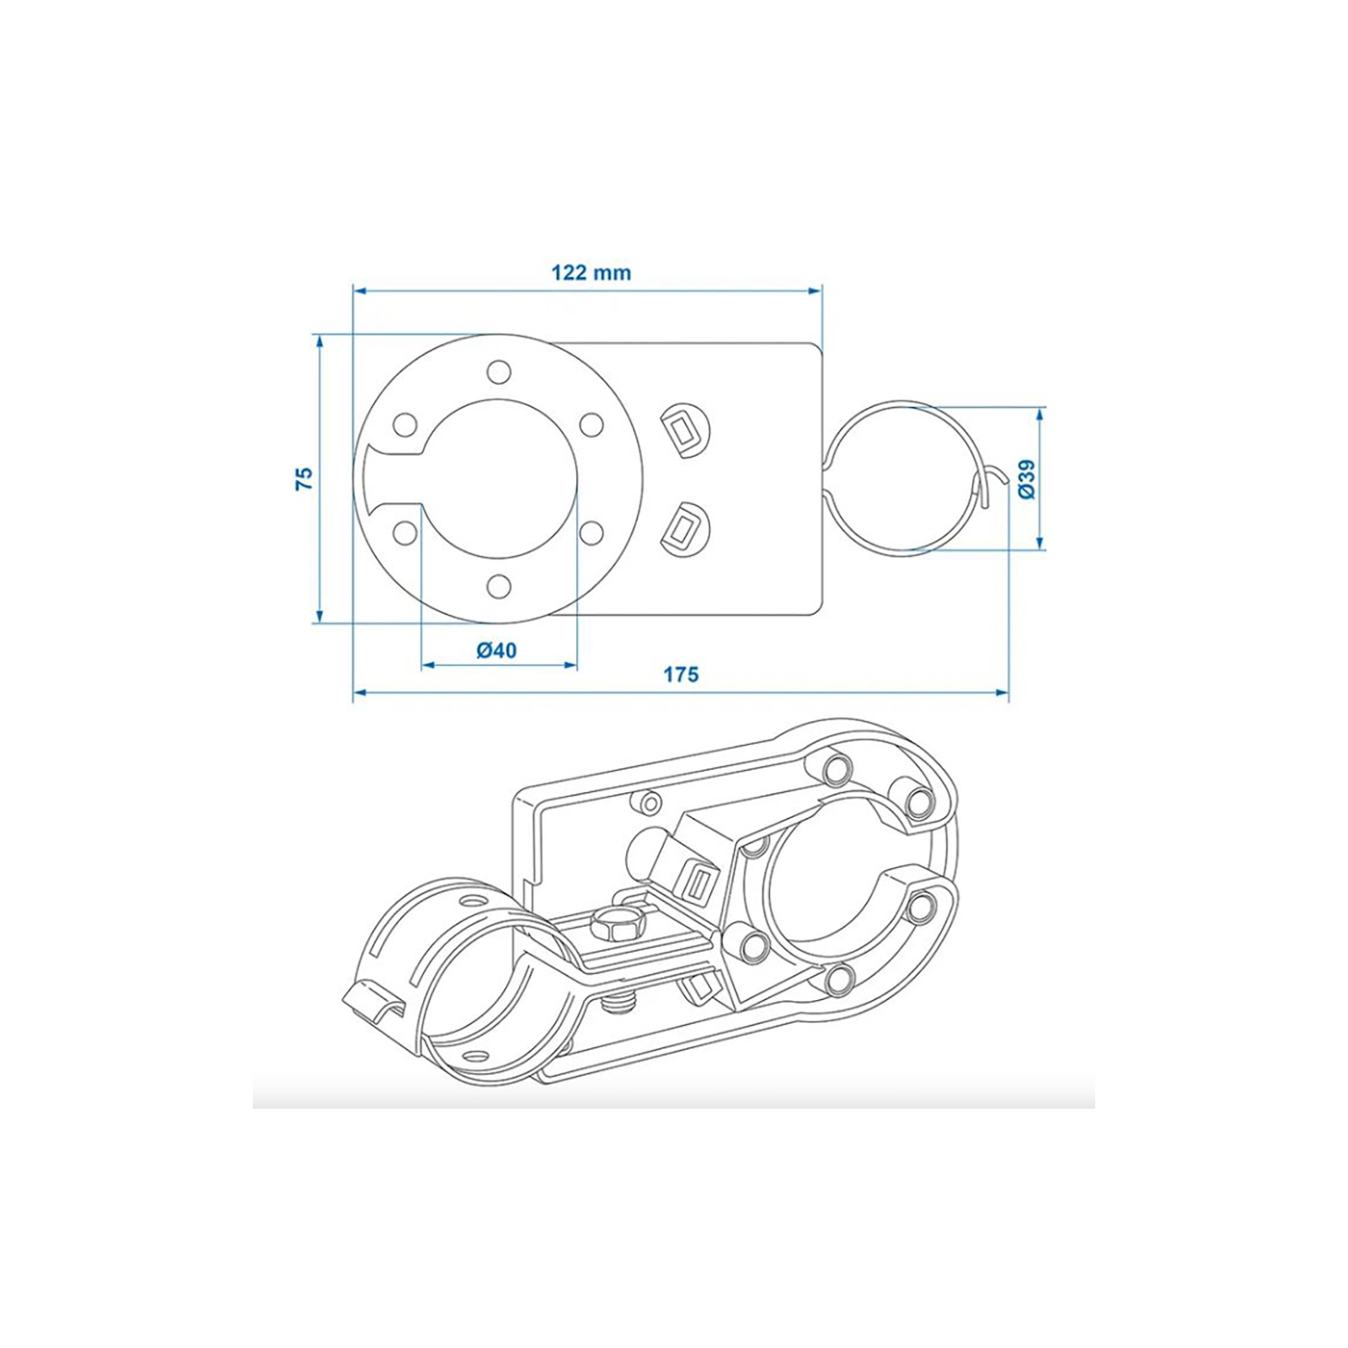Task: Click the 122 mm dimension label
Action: coord(591,273)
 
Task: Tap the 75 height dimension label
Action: coord(305,478)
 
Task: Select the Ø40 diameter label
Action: coord(497,650)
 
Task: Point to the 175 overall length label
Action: coord(681,674)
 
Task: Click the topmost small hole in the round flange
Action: coord(499,370)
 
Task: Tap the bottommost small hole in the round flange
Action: coord(499,586)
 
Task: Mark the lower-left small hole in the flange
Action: coord(405,532)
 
